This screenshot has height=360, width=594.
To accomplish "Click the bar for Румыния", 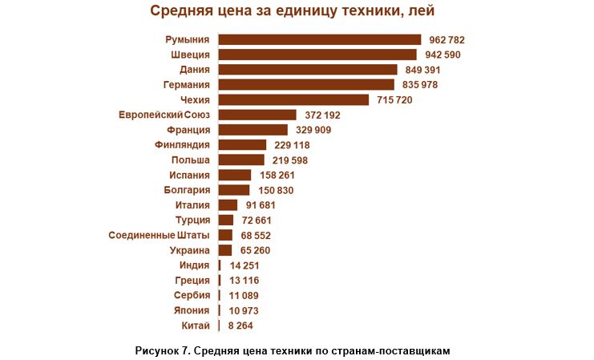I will pyautogui.click(x=320, y=39).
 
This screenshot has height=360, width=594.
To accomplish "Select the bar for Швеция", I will pyautogui.click(x=317, y=55).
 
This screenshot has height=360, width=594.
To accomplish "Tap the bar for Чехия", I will pyautogui.click(x=293, y=99).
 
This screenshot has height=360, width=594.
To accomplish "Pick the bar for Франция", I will pyautogui.click(x=253, y=130).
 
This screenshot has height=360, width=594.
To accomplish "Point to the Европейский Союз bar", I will pyautogui.click(x=257, y=115).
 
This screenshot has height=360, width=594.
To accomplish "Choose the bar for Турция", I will pyautogui.click(x=226, y=220).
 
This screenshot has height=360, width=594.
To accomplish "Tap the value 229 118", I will pyautogui.click(x=291, y=145).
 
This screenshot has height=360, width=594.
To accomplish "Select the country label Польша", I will pyautogui.click(x=191, y=160).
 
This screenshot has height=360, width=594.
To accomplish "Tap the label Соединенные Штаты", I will pyautogui.click(x=159, y=235).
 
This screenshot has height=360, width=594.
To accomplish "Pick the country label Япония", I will pyautogui.click(x=192, y=310).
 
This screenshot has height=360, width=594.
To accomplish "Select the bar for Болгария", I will pyautogui.click(x=234, y=190).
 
